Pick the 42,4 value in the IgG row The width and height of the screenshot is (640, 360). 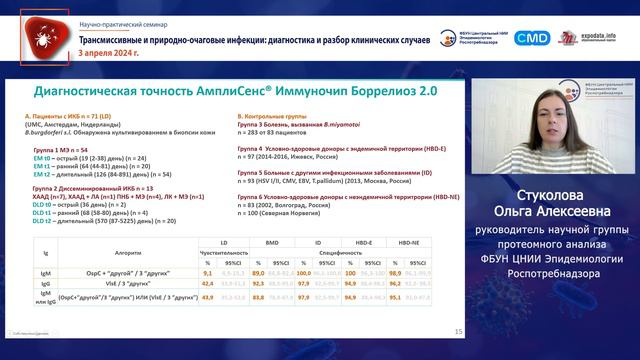pyautogui.click(x=208, y=284)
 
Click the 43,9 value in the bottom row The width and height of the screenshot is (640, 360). pyautogui.click(x=208, y=297)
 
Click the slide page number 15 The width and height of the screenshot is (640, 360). pyautogui.click(x=458, y=331)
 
